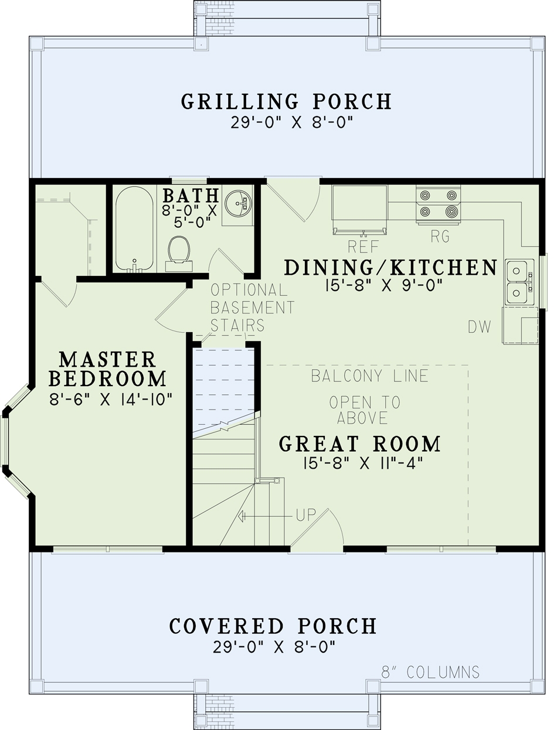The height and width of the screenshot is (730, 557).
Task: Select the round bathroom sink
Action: click(x=238, y=202)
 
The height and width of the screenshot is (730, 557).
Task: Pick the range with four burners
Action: click(x=438, y=204)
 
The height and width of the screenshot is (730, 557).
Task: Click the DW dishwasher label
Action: click(x=480, y=327)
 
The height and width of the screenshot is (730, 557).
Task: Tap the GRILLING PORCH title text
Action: click(x=286, y=101)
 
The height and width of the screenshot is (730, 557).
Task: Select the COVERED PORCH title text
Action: click(x=273, y=626)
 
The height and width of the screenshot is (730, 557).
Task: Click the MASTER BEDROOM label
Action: click(x=107, y=369)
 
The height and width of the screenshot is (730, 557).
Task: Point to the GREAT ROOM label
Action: click(x=360, y=444)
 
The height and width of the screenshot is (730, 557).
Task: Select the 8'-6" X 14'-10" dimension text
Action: click(x=110, y=400)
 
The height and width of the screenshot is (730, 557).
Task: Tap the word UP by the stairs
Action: click(x=305, y=516)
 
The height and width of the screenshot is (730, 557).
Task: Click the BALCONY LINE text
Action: click(x=369, y=376)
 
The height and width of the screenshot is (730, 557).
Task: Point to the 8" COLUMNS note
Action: click(x=430, y=672)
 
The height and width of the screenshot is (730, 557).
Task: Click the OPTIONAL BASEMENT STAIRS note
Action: click(x=252, y=308)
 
